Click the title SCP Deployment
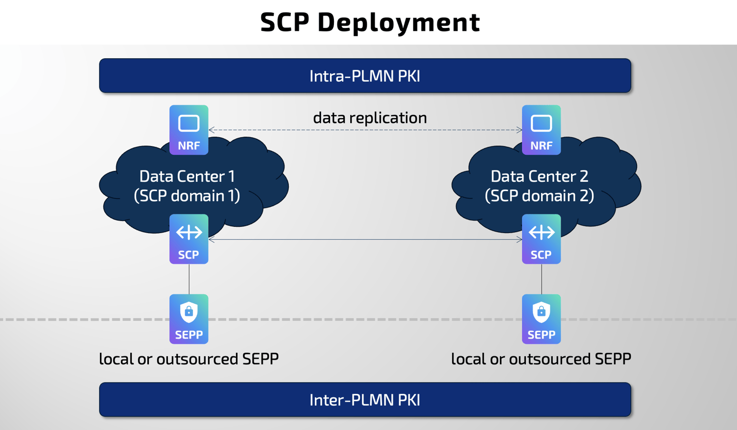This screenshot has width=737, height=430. coord(370,22)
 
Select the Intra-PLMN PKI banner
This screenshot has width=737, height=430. coord(365,76)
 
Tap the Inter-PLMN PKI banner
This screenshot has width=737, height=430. coord(365,400)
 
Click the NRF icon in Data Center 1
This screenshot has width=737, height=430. coord(189,130)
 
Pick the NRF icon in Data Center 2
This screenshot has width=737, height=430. coord(541,130)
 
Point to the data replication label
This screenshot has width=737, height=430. coord(370,118)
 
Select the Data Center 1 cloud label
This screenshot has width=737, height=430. coord(187,176)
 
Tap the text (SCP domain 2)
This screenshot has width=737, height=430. coord(539,196)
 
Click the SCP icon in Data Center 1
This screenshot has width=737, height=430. coord(189,239)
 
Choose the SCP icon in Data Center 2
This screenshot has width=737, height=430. coord(541,239)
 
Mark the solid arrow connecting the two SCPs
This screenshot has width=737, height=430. coord(365,239)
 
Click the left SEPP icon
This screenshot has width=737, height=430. coord(189,319)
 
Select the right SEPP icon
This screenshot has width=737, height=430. coord(541,319)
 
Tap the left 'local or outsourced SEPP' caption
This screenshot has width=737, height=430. coord(189,359)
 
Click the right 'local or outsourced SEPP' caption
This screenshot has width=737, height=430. coord(541,359)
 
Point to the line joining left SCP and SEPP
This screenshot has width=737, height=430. coord(189,279)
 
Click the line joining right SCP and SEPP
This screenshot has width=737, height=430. coord(542,279)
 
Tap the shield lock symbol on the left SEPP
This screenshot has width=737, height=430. coord(189,312)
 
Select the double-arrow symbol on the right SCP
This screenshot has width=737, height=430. coord(541,232)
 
